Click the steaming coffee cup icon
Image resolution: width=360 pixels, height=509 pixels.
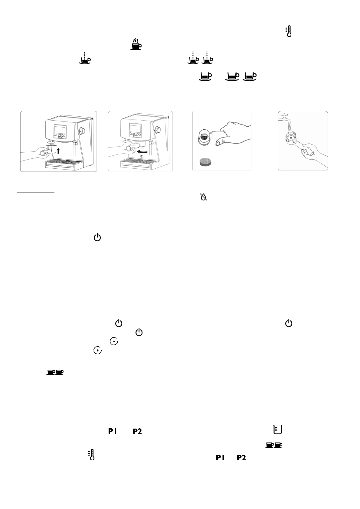point(136,44)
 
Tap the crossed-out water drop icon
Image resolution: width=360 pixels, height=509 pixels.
point(204,197)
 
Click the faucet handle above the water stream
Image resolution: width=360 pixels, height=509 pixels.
point(283,115)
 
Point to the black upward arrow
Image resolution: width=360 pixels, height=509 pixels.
point(59,150)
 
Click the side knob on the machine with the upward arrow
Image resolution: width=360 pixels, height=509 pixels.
point(82,131)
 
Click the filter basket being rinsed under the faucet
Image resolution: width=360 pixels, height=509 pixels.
point(290,138)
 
